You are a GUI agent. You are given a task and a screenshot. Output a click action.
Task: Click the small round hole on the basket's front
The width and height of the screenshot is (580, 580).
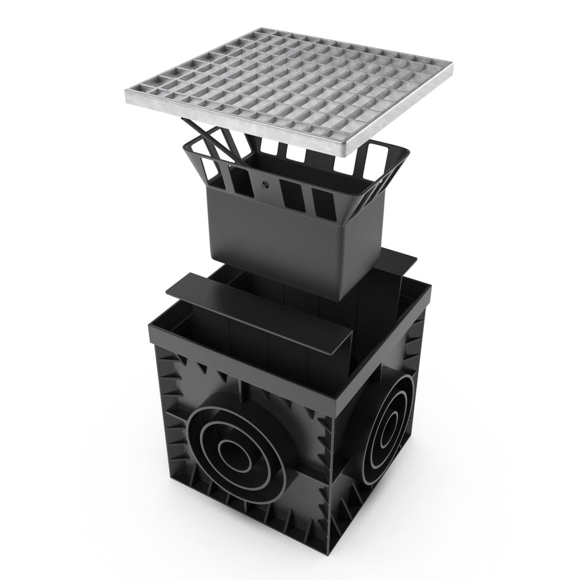pyautogui.click(x=265, y=183)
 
